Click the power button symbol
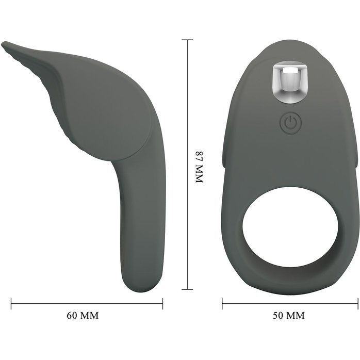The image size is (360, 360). point(291,123)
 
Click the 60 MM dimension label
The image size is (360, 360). point(83,316)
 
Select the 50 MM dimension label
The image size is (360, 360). point(289,316)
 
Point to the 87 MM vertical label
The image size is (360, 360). point(199,167)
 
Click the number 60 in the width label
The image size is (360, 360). point(71,316)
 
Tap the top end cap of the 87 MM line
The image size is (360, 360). point(187,40)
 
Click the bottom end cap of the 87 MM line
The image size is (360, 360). point(187,289)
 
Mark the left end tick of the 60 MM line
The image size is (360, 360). point(11,303)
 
